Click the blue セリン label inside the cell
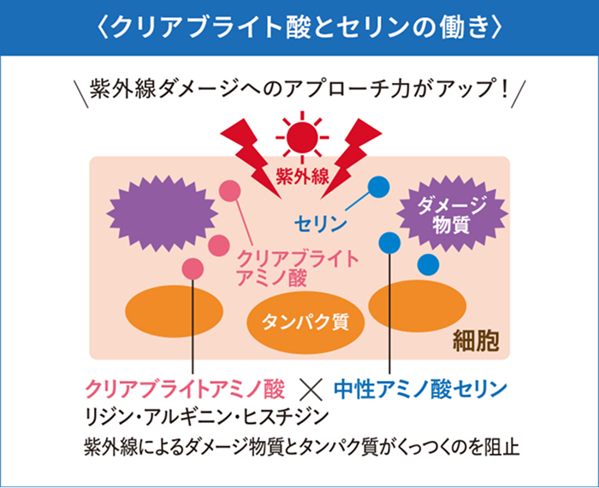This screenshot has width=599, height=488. coord(320,224)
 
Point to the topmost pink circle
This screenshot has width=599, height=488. coord(230,191)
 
